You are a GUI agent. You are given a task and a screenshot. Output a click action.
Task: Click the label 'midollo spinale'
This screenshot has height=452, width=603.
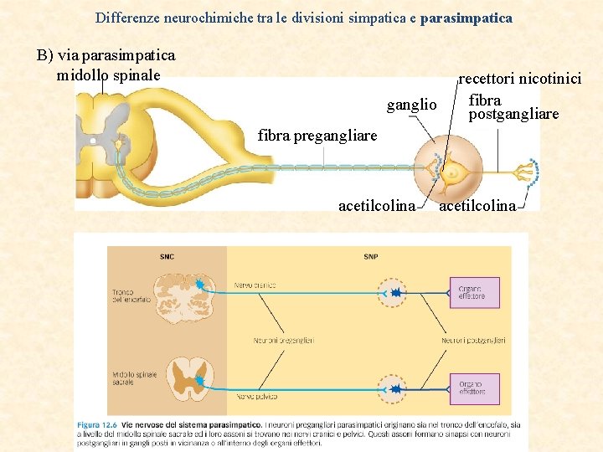point(109,75)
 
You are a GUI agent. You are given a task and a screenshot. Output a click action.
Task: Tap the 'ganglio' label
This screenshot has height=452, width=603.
point(411,105)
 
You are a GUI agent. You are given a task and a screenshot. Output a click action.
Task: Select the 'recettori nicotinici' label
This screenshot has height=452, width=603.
point(521,80)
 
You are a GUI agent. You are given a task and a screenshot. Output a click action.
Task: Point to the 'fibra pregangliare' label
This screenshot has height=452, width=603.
point(317,135)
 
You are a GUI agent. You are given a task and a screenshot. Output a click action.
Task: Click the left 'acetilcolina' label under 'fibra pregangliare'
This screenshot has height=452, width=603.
point(376,206)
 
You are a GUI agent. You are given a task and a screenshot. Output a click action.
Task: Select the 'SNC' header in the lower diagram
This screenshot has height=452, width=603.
point(167,256)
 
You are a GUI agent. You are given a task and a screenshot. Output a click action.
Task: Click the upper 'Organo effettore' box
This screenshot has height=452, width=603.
point(473,293)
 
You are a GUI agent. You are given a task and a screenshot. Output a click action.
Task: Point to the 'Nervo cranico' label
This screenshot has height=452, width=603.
point(255,285)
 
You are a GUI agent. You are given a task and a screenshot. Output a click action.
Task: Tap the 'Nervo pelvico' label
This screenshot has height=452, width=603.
point(256,397)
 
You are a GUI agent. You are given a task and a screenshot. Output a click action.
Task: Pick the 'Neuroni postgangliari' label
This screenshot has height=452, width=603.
point(473,341)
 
